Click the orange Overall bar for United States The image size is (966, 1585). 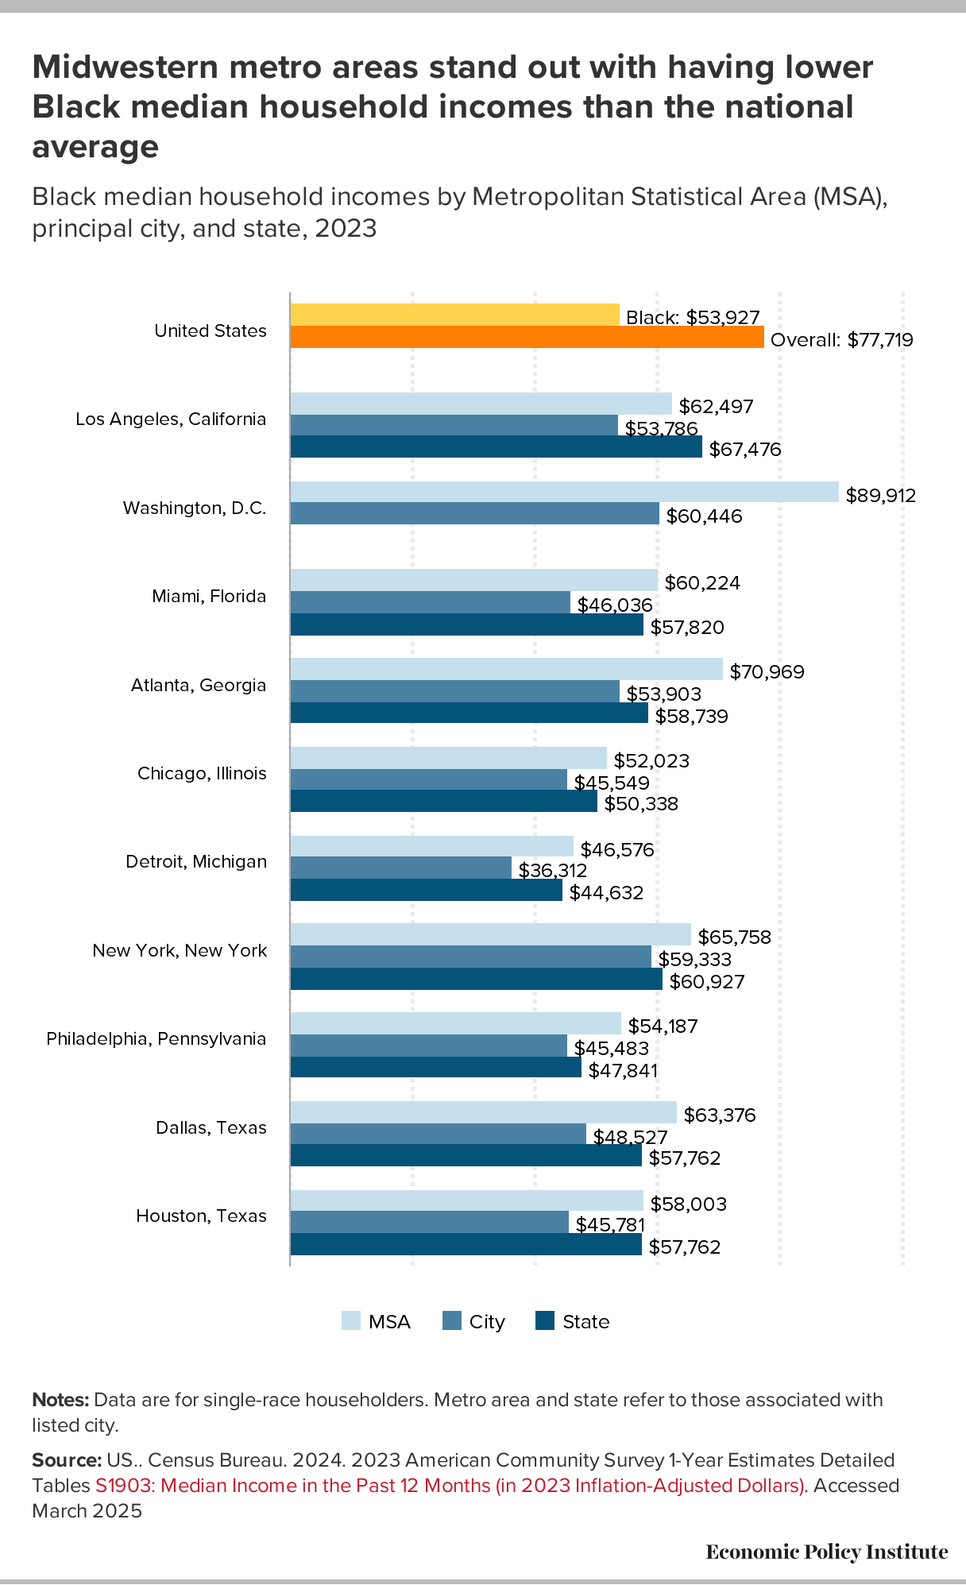(527, 337)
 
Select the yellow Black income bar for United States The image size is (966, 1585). (454, 315)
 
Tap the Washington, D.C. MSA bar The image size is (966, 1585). (564, 492)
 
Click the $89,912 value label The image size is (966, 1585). (880, 496)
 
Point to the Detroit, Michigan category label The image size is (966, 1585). (196, 862)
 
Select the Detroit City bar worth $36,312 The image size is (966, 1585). (401, 868)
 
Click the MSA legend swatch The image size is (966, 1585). (350, 1320)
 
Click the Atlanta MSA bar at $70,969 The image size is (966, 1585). (506, 669)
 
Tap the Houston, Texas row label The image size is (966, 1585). (201, 1216)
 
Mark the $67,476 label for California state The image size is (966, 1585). (744, 450)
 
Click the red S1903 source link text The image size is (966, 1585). (450, 1486)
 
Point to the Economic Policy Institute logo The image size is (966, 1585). (826, 1552)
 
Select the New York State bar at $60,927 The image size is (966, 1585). (476, 979)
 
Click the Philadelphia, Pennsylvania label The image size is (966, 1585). (156, 1039)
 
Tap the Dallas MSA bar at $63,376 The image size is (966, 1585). (483, 1112)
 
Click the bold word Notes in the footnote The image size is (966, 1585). (60, 1400)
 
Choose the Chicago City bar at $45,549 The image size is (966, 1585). (429, 779)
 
